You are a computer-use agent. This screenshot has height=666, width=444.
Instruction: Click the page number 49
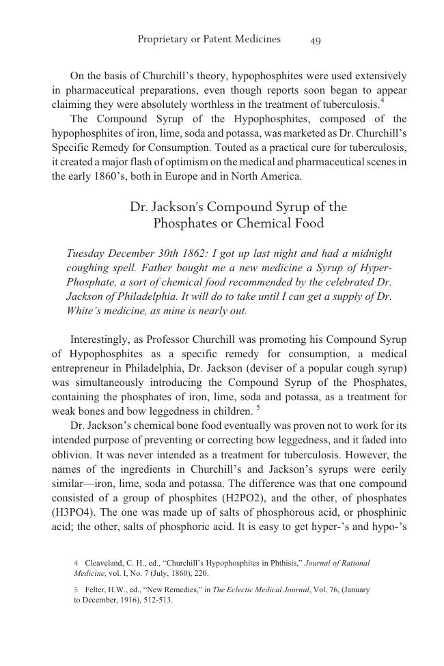pos(315,40)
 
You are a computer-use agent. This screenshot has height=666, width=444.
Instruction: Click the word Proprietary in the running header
pos(162,40)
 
